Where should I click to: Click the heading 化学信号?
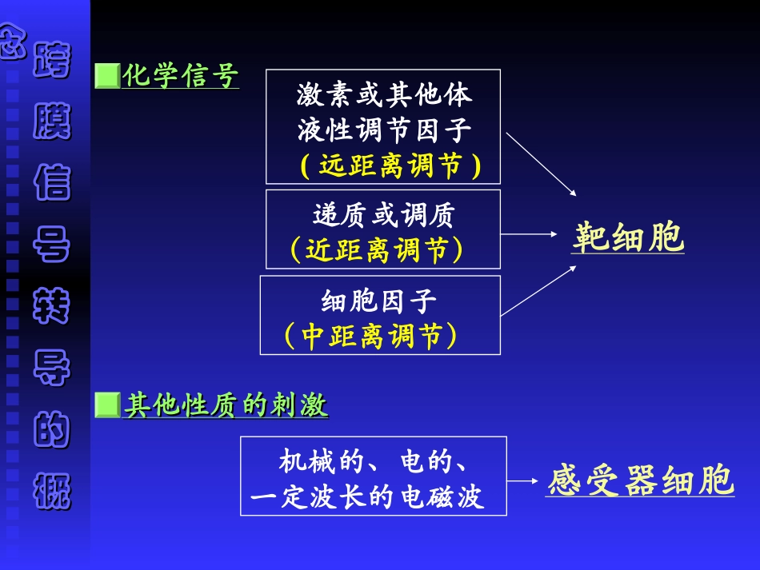(x=180, y=77)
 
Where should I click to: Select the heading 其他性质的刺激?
(x=226, y=406)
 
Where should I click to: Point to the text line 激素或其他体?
(x=384, y=96)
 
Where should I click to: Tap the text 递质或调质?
(x=384, y=214)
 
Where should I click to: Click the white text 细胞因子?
(x=379, y=301)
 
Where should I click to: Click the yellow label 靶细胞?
(x=628, y=237)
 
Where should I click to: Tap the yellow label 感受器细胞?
(x=640, y=481)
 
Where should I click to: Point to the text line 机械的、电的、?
(x=374, y=461)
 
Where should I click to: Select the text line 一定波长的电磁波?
(x=368, y=497)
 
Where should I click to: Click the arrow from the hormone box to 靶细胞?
(x=541, y=165)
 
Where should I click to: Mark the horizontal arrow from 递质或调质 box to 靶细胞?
(x=529, y=234)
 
